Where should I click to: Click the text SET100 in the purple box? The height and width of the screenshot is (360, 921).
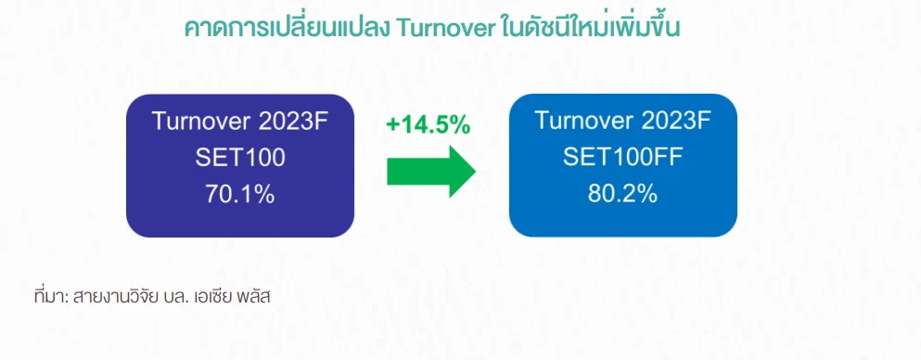[x=240, y=158]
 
